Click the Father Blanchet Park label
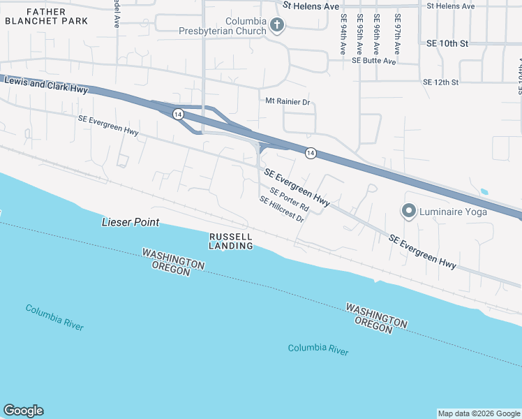[46, 16]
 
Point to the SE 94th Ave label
[343, 34]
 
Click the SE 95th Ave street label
[359, 34]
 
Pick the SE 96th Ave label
[377, 34]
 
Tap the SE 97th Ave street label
[397, 34]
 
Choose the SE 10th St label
[446, 43]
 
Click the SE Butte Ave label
[374, 61]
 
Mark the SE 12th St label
[440, 82]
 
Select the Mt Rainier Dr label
[287, 101]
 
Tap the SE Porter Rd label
[289, 201]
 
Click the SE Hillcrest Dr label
[282, 209]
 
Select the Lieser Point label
[130, 223]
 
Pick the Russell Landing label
[231, 241]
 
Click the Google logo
[23, 411]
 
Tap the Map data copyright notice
[478, 413]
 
